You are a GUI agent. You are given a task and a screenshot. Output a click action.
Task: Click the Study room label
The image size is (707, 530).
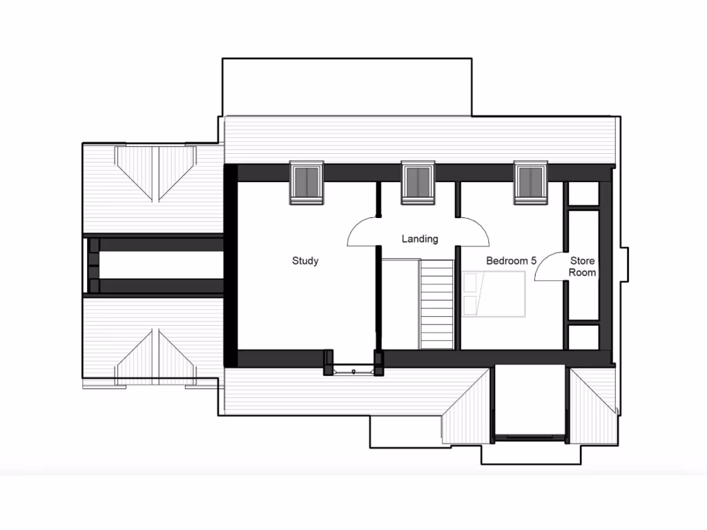305,261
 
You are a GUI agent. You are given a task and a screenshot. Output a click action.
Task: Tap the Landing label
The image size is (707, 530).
420,239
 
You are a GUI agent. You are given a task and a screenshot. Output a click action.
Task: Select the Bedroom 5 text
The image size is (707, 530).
511,261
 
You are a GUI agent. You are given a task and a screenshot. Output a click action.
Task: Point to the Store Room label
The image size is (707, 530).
582,266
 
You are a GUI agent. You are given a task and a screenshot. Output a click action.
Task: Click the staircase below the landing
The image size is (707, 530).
436,304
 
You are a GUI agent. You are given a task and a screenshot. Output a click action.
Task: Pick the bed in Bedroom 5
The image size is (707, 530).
494,295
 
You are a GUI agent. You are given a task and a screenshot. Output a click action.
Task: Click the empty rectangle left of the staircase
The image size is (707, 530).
400,304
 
